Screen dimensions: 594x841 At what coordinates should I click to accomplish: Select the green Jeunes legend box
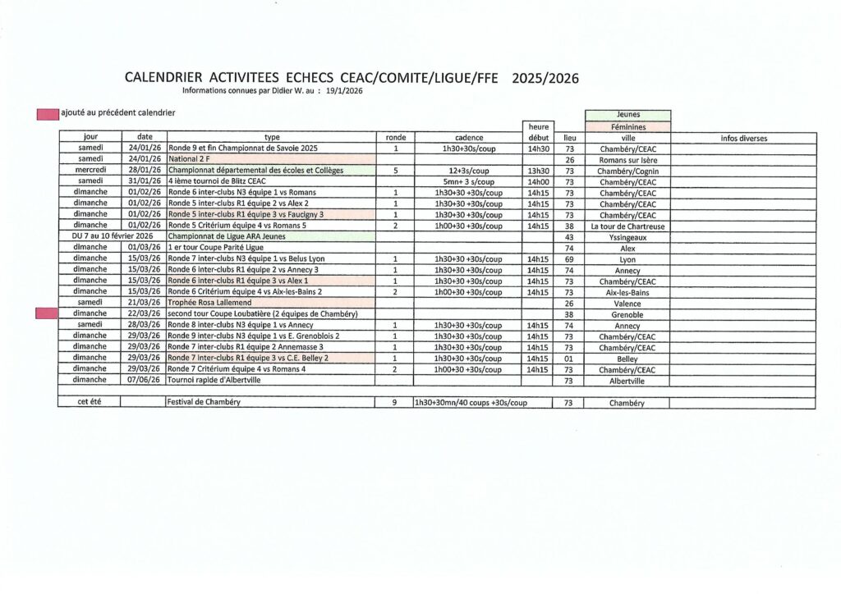point(627,115)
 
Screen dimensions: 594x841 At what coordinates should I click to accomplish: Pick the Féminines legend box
point(627,126)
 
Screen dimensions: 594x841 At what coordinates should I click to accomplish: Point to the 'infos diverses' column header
point(743,138)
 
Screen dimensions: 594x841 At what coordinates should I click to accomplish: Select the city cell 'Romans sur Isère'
point(627,160)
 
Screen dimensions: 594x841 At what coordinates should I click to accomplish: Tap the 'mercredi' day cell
point(89,170)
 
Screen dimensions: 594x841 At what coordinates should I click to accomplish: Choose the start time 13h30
point(538,170)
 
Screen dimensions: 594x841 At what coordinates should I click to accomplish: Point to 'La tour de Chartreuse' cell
point(627,226)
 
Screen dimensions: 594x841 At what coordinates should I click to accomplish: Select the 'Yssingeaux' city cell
point(627,236)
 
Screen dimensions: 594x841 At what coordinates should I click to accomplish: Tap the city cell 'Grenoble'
point(627,314)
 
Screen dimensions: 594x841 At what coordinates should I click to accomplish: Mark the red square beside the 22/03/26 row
point(47,313)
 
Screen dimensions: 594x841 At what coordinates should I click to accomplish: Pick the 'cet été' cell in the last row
point(89,403)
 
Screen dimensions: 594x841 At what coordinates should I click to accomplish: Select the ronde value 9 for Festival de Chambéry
point(395,403)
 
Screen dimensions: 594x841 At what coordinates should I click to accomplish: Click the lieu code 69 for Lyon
point(569,258)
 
